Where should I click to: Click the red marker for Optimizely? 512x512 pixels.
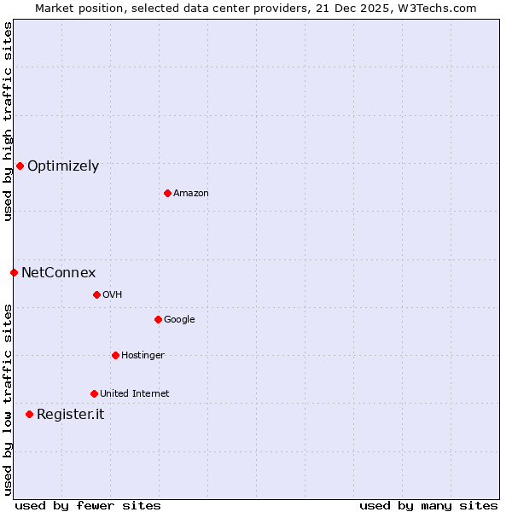(x=20, y=166)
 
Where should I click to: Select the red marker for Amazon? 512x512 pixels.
(x=167, y=193)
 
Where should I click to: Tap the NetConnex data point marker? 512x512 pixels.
(x=14, y=272)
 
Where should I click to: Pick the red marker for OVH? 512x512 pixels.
(x=96, y=294)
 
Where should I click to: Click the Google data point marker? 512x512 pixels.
(x=158, y=319)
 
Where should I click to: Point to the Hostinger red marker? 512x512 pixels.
(x=115, y=355)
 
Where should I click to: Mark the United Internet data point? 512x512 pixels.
(x=94, y=393)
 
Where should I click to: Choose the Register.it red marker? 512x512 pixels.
(x=29, y=414)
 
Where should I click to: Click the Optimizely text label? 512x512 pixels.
(x=63, y=166)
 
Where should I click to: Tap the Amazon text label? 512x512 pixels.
(x=191, y=194)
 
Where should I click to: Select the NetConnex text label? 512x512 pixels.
(x=58, y=273)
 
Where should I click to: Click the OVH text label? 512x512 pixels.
(x=112, y=295)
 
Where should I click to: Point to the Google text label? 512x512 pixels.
(x=179, y=320)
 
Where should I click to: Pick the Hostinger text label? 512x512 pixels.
(x=143, y=356)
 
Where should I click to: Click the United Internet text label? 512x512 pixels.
(x=134, y=394)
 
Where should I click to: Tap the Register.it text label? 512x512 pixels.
(x=70, y=415)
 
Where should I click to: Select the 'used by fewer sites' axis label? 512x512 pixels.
(x=88, y=505)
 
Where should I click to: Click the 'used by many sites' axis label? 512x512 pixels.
(x=428, y=505)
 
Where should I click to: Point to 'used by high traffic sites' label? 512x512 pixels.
(x=8, y=121)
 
